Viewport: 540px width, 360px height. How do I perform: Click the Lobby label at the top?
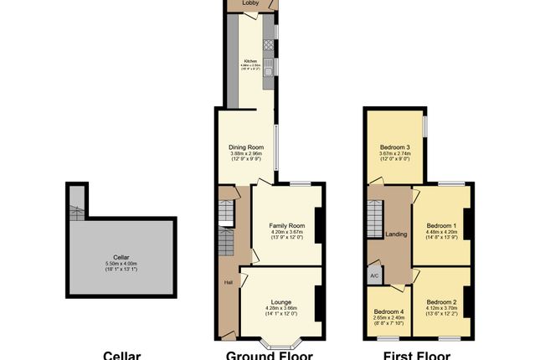click(250, 3)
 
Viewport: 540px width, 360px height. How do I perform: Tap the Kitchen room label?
click(249, 61)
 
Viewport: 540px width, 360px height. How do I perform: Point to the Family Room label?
click(286, 226)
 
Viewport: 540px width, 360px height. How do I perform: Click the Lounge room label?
click(281, 301)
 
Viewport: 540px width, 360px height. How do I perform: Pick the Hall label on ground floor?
click(228, 282)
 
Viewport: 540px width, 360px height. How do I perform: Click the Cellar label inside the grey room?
click(122, 258)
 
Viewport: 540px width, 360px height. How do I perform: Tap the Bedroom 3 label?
click(394, 148)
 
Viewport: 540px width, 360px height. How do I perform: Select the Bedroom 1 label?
click(441, 226)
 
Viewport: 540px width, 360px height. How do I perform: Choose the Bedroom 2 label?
click(441, 301)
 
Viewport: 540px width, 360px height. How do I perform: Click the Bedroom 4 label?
click(389, 311)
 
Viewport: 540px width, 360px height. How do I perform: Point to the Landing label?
click(396, 234)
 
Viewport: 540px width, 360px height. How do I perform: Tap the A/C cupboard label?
click(373, 275)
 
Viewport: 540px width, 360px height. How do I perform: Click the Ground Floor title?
click(270, 355)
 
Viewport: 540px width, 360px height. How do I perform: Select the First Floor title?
click(416, 355)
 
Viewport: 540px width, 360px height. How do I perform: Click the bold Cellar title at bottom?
click(121, 355)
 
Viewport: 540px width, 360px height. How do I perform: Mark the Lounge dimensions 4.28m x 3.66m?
click(281, 308)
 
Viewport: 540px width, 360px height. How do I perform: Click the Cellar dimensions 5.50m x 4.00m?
click(122, 265)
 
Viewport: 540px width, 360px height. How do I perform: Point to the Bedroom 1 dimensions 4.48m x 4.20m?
click(441, 233)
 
